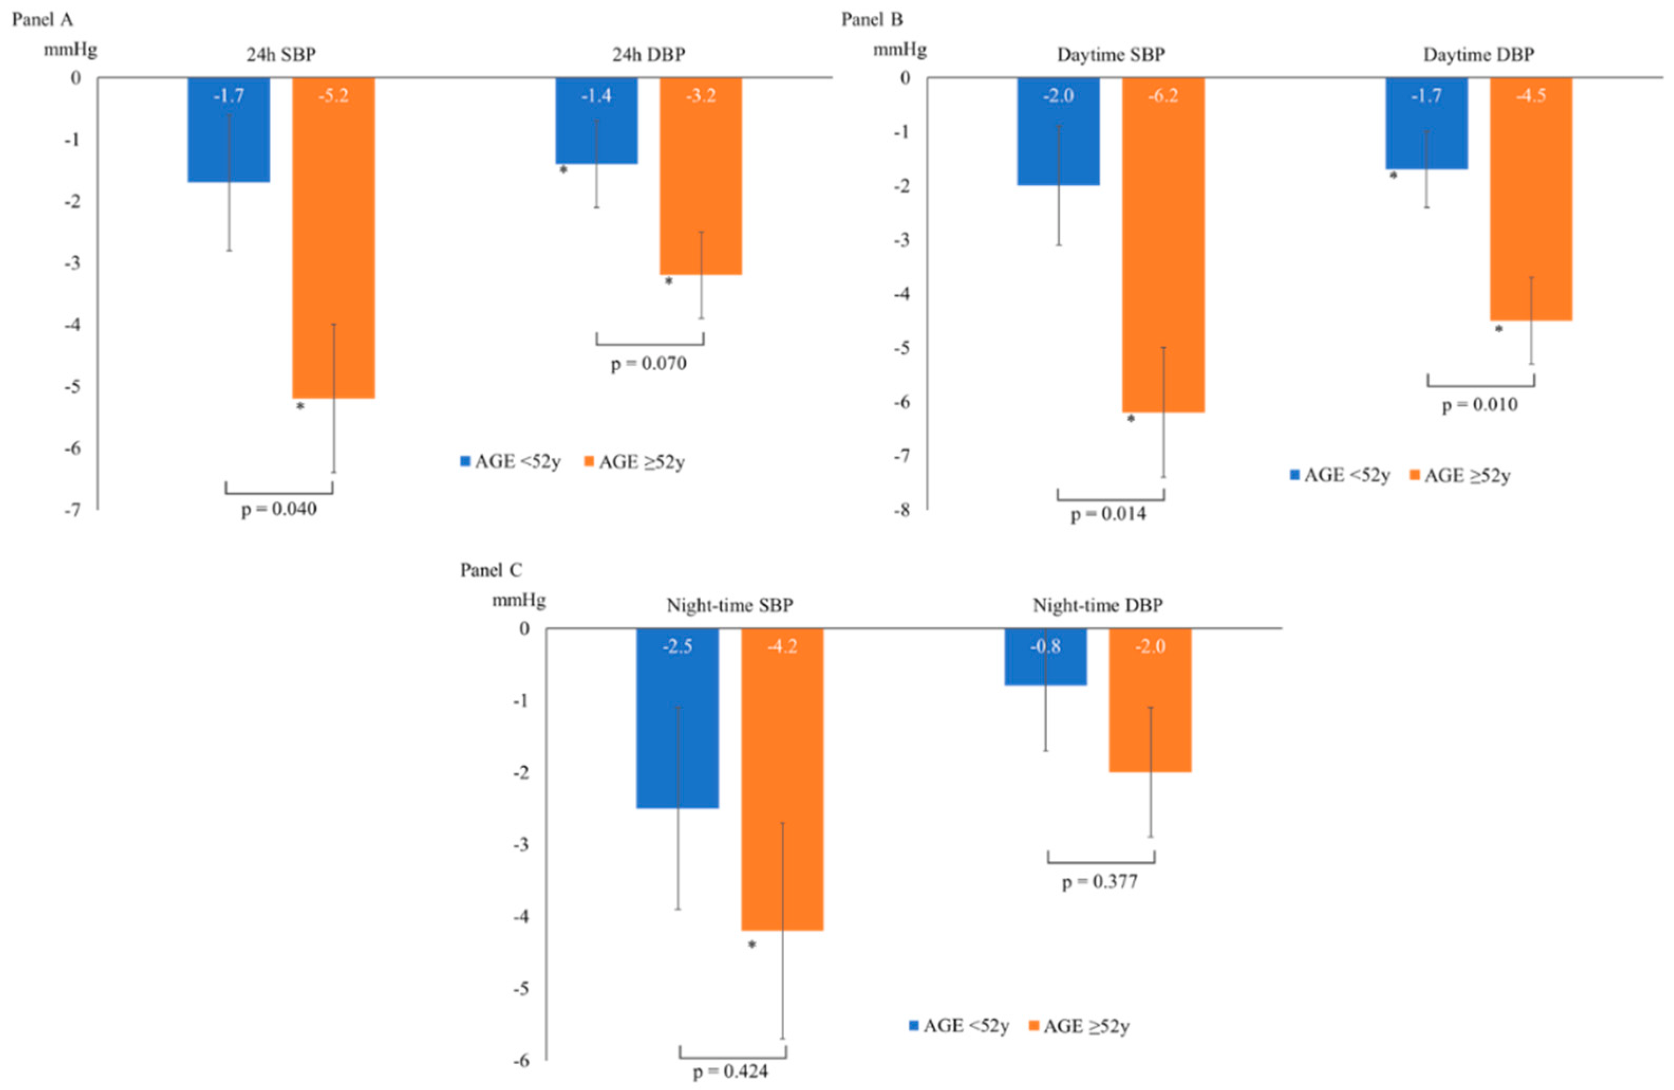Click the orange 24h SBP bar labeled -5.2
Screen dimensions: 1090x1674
coord(333,239)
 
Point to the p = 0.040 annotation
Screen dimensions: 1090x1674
coord(279,509)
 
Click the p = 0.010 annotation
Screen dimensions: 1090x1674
coord(1480,405)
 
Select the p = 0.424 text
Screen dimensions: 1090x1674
coord(730,1072)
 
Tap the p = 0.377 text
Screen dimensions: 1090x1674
coord(1099,882)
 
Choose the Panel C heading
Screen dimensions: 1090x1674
coord(491,570)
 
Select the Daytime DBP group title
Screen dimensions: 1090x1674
coord(1479,55)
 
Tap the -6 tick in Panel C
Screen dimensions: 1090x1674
coord(521,1060)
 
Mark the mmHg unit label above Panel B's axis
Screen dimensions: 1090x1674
coord(900,50)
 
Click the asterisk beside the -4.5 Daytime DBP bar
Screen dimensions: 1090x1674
coord(1499,329)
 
